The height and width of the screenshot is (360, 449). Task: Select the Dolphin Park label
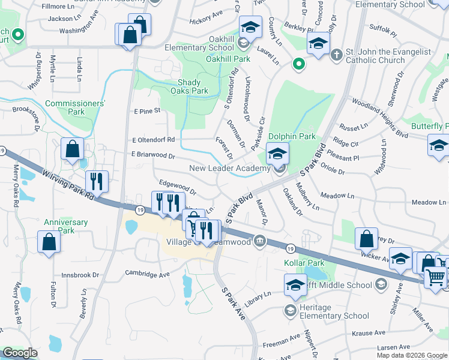pyautogui.click(x=292, y=137)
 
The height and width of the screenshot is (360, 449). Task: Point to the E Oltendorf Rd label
pyautogui.click(x=153, y=140)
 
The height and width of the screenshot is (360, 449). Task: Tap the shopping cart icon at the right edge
pyautogui.click(x=436, y=277)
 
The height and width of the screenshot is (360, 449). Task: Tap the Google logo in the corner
pyautogui.click(x=20, y=353)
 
